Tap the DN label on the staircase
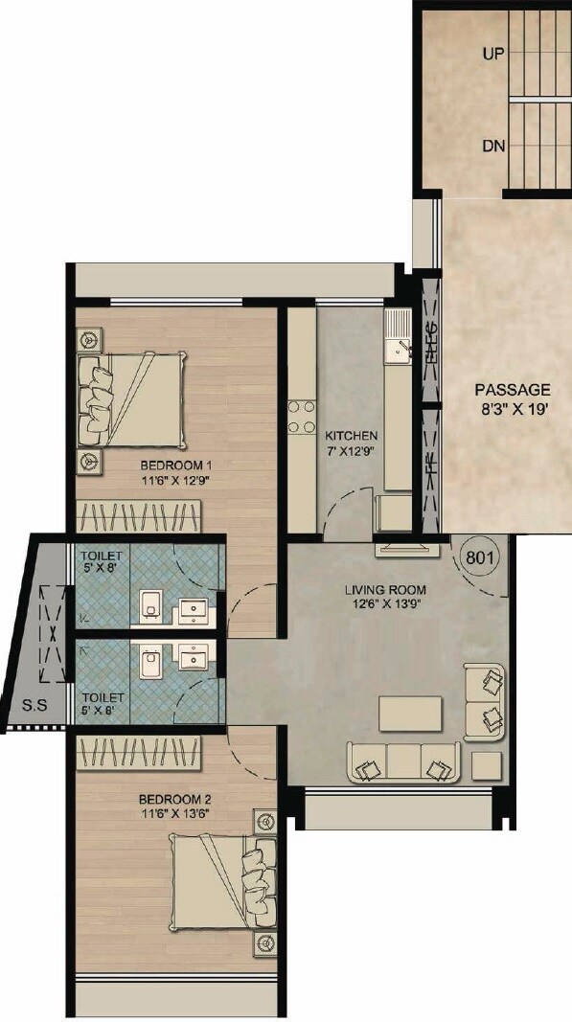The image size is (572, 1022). click(494, 147)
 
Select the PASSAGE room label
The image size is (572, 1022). click(513, 390)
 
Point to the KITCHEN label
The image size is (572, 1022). click(351, 434)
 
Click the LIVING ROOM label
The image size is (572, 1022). click(386, 589)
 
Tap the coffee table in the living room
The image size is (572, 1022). click(411, 713)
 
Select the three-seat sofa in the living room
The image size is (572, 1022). click(402, 762)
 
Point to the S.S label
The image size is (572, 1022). click(35, 708)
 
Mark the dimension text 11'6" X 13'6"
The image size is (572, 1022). click(173, 812)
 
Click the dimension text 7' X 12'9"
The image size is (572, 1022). click(351, 448)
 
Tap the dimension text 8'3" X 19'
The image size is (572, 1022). click(513, 406)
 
